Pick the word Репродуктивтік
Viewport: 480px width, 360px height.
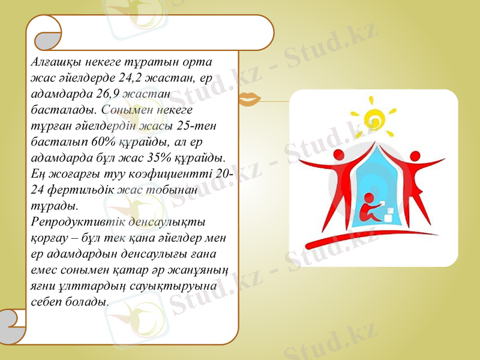70,220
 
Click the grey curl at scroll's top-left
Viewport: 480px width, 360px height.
46,41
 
